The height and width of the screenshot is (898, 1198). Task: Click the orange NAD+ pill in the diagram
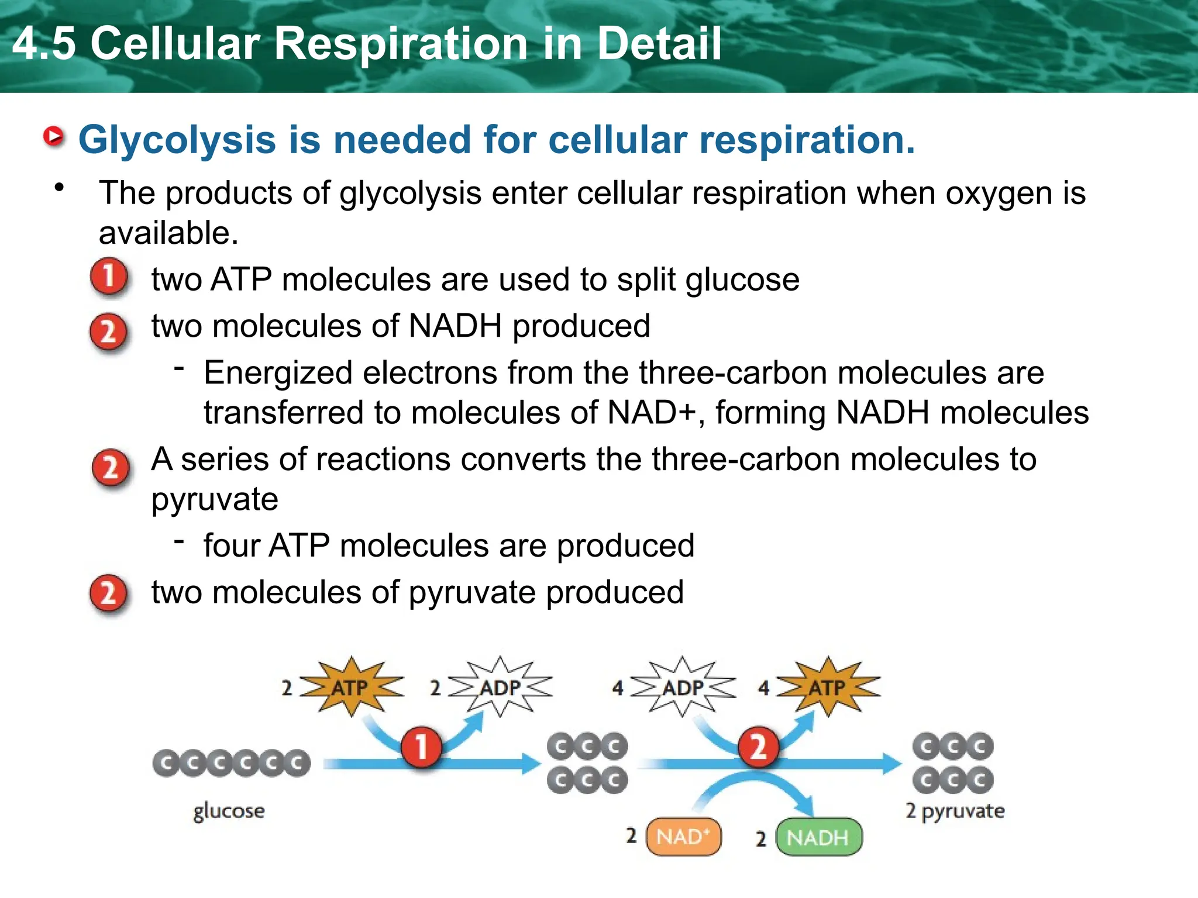(x=683, y=837)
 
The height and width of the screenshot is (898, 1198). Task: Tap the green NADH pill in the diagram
(x=818, y=837)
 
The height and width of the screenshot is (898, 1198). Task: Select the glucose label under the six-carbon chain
(x=229, y=811)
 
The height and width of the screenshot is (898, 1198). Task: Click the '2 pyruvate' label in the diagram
(x=955, y=811)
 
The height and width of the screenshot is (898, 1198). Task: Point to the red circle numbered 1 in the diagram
(x=421, y=747)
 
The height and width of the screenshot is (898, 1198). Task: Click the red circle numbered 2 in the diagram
(x=758, y=747)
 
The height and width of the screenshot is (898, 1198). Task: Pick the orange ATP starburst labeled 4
(x=827, y=687)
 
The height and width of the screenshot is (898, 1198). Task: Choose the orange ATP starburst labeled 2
(x=351, y=687)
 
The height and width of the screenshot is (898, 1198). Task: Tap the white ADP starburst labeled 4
(x=682, y=687)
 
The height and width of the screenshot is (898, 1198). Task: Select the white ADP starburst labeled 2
(x=500, y=687)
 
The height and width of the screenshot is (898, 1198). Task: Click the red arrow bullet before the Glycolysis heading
(x=54, y=137)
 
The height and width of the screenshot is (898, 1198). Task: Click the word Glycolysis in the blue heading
(x=177, y=140)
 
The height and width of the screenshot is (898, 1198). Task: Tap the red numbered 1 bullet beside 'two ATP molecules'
(x=109, y=277)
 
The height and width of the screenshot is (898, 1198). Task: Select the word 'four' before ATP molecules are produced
(x=231, y=545)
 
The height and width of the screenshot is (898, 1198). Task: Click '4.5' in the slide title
(x=44, y=43)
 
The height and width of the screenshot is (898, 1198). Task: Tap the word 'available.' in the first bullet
(x=168, y=233)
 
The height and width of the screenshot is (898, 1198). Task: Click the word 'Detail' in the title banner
(x=659, y=43)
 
